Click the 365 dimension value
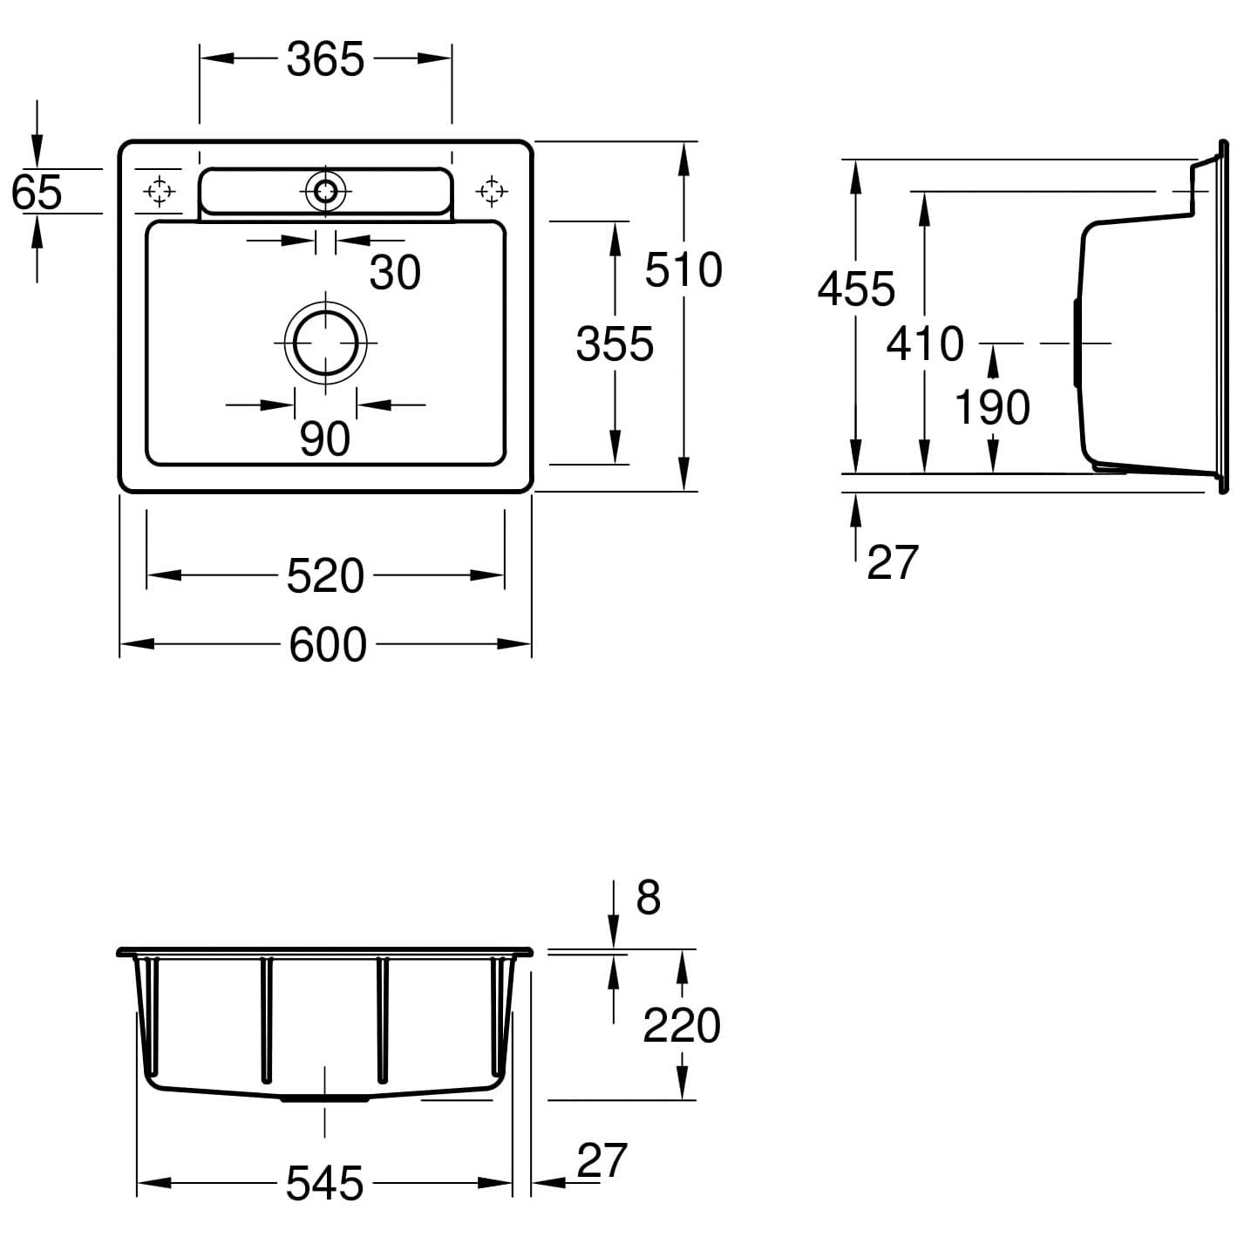[x=325, y=60]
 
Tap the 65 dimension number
[x=37, y=192]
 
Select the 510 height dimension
[x=683, y=269]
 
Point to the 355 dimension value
[x=615, y=344]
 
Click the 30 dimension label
[x=395, y=273]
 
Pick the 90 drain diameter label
[x=324, y=439]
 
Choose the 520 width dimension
[x=325, y=576]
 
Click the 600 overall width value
[x=328, y=646]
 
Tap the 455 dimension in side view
[x=856, y=289]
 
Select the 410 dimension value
[x=925, y=343]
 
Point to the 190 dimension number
[x=992, y=407]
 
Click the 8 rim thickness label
[x=648, y=898]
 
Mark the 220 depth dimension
[x=682, y=1025]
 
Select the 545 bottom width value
[x=324, y=1184]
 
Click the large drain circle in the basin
[x=326, y=343]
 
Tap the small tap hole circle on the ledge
[x=326, y=191]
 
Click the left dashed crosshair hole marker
[x=160, y=190]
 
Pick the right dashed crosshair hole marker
[x=492, y=190]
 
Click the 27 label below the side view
[x=893, y=562]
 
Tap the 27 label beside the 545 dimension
[x=602, y=1161]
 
